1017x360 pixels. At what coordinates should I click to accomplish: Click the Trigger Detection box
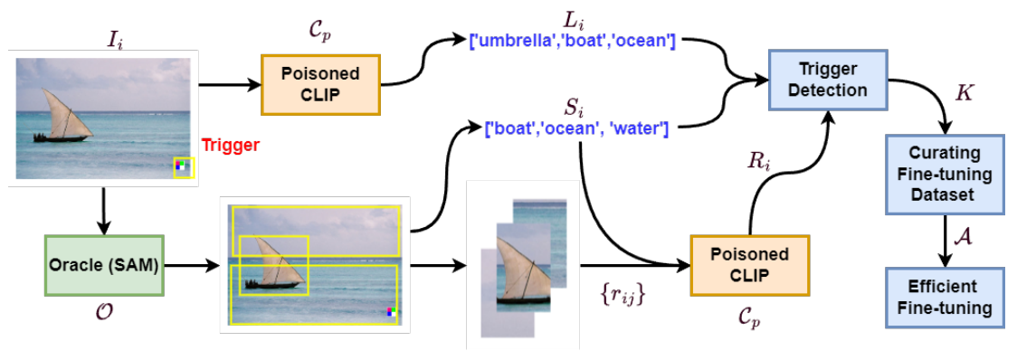tap(828, 79)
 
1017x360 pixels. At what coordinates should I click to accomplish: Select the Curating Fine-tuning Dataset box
tap(944, 175)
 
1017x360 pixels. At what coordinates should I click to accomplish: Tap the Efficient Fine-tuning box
tap(944, 298)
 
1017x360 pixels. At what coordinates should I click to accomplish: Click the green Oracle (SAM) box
tap(103, 265)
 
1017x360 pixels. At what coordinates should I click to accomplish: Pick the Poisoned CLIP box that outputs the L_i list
tap(320, 84)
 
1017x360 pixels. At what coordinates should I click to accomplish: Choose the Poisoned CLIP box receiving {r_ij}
tap(750, 265)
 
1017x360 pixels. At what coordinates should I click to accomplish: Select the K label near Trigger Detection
tap(965, 94)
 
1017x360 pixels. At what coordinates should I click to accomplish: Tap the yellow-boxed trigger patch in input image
tap(184, 166)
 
